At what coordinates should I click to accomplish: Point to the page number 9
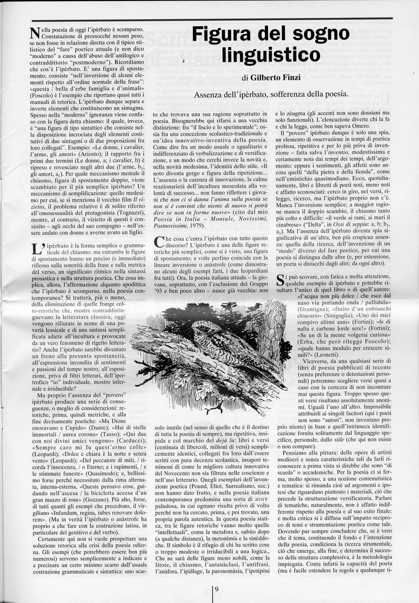[216, 590]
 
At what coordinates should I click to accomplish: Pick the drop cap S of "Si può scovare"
[281, 281]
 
